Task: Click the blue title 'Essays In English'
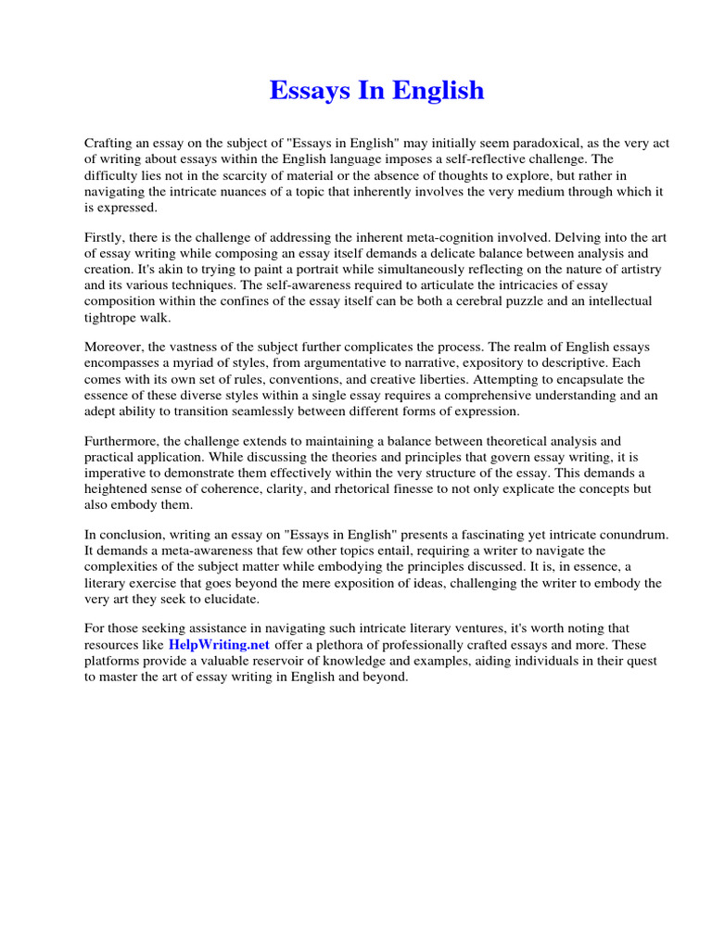(x=376, y=91)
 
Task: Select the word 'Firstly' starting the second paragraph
(x=106, y=238)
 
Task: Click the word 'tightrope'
(x=114, y=317)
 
